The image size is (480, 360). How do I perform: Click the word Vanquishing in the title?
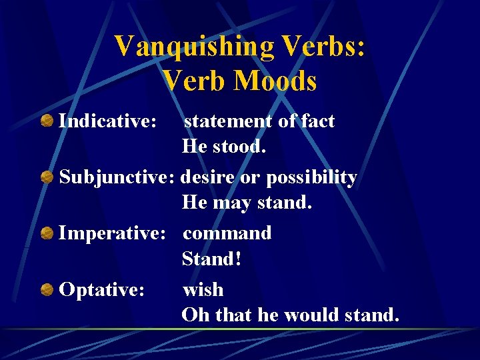click(x=194, y=47)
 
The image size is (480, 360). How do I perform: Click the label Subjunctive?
click(x=117, y=177)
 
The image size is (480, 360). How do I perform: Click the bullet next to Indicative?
click(x=47, y=121)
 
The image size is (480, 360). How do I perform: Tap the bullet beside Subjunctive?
click(x=47, y=177)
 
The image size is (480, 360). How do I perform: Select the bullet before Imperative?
click(x=47, y=233)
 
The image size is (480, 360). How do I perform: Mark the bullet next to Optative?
click(x=47, y=289)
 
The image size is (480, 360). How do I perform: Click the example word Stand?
click(x=211, y=259)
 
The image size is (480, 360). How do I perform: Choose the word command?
click(x=227, y=233)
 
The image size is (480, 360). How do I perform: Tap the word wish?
click(x=203, y=289)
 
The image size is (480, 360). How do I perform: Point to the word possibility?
click(x=311, y=178)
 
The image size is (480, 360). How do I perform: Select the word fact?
click(x=318, y=121)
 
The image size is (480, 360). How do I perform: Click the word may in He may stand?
click(x=229, y=203)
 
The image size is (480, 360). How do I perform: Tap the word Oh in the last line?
click(x=194, y=315)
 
